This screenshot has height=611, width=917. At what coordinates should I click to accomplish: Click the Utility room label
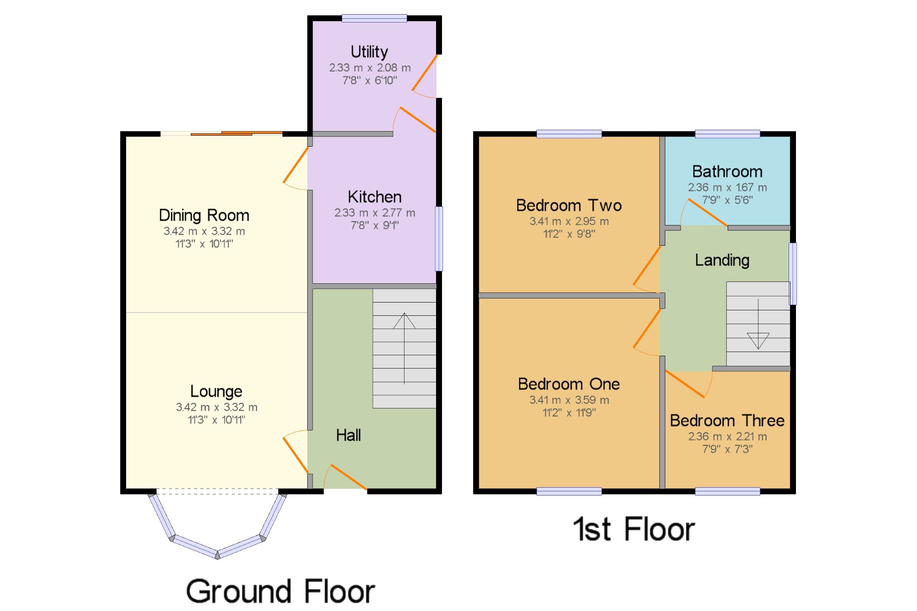369,52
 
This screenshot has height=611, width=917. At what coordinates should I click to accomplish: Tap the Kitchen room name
375,197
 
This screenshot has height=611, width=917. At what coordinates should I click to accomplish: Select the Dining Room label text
204,215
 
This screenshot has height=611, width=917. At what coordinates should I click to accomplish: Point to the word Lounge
216,391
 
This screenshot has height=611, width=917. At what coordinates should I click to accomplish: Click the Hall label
348,435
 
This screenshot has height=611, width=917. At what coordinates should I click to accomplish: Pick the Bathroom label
727,171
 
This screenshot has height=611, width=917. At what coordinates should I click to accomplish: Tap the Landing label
722,260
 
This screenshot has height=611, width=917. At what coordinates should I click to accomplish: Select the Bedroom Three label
727,420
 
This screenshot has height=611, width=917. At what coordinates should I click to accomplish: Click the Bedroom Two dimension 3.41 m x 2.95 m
569,221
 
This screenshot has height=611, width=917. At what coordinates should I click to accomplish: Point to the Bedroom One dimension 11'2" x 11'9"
569,413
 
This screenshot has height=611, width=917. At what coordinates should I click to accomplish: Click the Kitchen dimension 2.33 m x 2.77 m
375,213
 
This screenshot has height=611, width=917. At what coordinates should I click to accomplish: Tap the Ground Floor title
281,591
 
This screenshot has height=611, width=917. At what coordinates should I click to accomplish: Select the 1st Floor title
634,529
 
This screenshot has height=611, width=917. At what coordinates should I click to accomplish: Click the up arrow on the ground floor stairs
404,348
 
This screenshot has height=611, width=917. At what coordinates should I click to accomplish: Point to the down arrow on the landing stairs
758,324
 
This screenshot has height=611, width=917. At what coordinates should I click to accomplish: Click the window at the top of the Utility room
374,18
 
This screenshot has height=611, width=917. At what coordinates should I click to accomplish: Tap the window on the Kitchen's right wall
439,239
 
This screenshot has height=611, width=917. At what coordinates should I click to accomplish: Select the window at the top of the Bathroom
728,134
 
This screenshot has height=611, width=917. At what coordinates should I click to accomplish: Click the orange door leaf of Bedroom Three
685,384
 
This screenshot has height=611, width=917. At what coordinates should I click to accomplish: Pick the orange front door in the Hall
348,477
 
